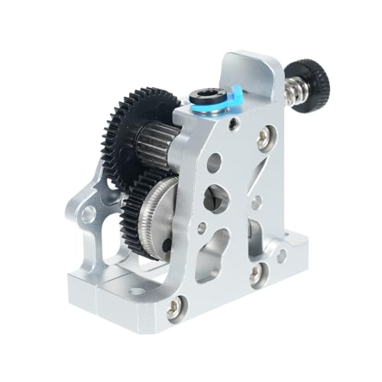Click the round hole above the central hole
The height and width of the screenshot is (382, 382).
click(x=215, y=162)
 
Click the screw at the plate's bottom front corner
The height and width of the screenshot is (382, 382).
click(x=175, y=308)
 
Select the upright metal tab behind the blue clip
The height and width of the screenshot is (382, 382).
click(x=252, y=73)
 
